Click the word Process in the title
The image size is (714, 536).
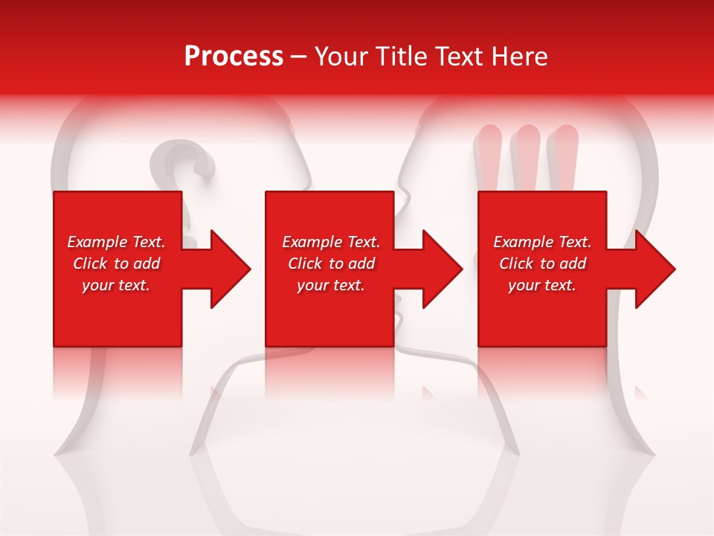[x=234, y=57]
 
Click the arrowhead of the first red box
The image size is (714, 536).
[x=227, y=269]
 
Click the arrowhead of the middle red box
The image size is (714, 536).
[x=440, y=269]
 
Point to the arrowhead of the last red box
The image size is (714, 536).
[x=652, y=269]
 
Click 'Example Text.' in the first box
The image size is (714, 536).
[x=116, y=242]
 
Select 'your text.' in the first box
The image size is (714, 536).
[x=116, y=285]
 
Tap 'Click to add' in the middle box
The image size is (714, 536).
[x=331, y=264]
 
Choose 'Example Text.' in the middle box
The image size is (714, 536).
[x=331, y=242]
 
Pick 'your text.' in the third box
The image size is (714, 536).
[x=542, y=285]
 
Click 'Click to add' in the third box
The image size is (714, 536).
[x=542, y=264]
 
